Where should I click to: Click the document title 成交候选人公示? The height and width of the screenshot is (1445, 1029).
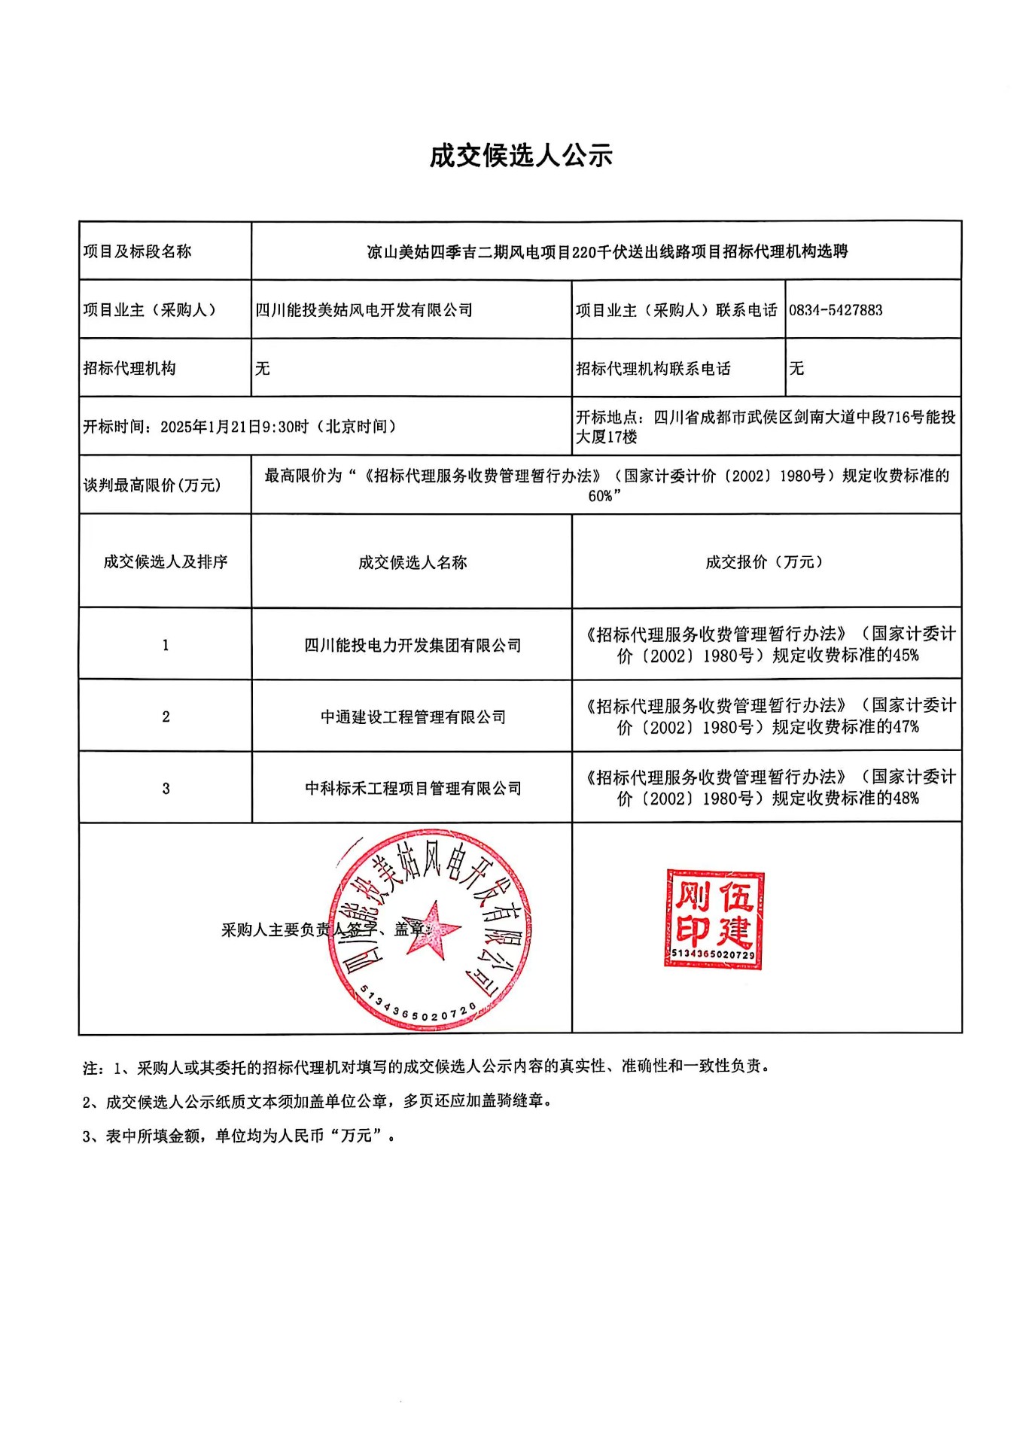[521, 156]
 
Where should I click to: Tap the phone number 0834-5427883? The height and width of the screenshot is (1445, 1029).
[836, 310]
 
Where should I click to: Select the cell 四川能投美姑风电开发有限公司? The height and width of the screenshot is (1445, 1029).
[364, 310]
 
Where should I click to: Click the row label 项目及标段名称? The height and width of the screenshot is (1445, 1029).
[137, 251]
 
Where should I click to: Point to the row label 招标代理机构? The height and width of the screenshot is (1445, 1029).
[129, 368]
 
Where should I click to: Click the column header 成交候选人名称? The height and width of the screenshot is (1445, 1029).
[413, 562]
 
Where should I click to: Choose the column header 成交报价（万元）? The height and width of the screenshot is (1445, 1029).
[765, 562]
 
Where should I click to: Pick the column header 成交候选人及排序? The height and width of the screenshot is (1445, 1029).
[166, 562]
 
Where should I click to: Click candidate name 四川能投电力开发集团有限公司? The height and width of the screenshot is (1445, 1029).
[413, 645]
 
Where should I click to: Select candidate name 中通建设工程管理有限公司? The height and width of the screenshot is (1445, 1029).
[413, 716]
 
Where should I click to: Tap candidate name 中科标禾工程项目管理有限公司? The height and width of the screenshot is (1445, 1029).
[413, 788]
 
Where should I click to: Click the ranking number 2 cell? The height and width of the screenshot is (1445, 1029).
[166, 716]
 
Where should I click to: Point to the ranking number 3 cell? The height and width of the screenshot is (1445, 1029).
[166, 788]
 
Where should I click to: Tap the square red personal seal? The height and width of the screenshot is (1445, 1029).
[714, 918]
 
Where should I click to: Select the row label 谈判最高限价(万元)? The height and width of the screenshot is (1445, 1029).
[152, 485]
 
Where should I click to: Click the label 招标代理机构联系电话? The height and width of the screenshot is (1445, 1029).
[653, 368]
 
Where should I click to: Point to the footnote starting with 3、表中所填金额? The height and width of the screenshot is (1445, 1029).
[239, 1136]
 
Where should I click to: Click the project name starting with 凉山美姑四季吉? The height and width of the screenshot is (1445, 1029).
[607, 251]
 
